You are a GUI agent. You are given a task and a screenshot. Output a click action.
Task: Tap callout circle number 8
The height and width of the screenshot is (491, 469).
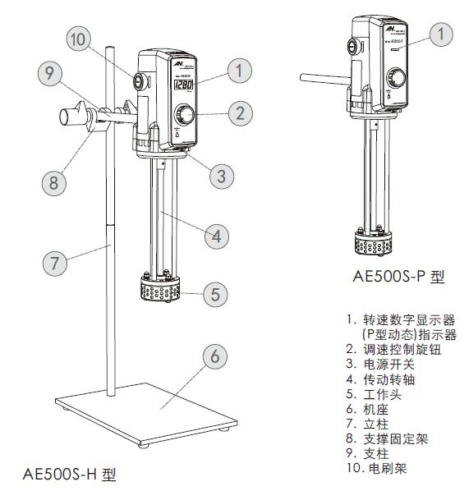(53, 182)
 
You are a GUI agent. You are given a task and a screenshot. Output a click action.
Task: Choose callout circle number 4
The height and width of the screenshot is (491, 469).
(216, 237)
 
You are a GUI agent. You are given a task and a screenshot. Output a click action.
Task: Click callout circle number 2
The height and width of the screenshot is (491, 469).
(239, 112)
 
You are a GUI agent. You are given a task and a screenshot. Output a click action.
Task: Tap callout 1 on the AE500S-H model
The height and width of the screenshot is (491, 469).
(239, 71)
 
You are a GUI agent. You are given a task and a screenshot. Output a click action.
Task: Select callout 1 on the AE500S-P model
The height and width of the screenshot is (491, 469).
(442, 34)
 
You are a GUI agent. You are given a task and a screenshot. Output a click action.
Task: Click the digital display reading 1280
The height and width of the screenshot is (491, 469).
(182, 85)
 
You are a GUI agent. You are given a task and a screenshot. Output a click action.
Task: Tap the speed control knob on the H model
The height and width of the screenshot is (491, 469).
(185, 113)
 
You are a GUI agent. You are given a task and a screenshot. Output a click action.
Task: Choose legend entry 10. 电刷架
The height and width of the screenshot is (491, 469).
(383, 468)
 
